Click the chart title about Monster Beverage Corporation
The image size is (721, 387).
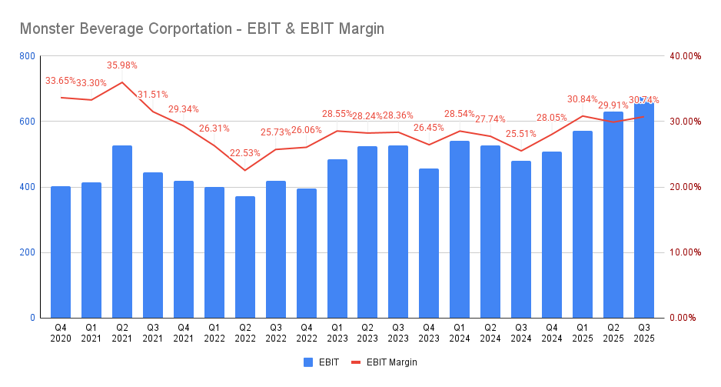[x=201, y=28]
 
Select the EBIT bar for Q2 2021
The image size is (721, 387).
[x=122, y=231]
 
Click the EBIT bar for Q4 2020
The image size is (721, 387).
[x=61, y=252]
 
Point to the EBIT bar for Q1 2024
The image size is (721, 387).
[x=460, y=229]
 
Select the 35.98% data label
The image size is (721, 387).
[x=122, y=65]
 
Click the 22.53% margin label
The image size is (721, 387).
[x=245, y=153]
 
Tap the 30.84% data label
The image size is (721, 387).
[x=583, y=99]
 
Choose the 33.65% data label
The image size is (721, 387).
[x=61, y=81]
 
